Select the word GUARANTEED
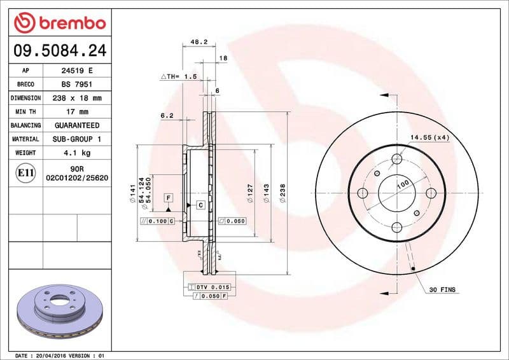[76, 125]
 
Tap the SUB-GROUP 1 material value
[76, 139]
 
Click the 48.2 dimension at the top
[199, 43]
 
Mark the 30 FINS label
[442, 289]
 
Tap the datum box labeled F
[168, 198]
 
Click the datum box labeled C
[200, 205]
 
